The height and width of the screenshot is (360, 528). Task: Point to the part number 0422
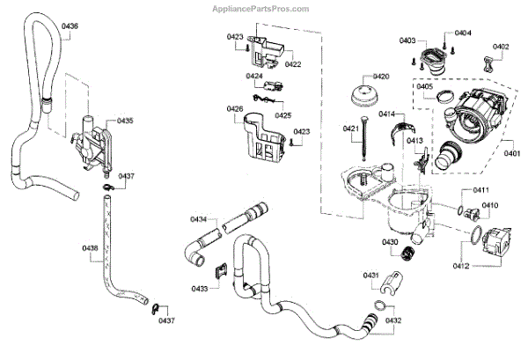point(292,64)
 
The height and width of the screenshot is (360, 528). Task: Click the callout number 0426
point(234,108)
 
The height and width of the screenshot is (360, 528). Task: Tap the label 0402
point(500,46)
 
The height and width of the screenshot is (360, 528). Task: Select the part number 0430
point(390,242)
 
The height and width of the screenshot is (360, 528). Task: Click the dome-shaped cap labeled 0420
point(362,98)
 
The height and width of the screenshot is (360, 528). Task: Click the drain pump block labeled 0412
point(487,242)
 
